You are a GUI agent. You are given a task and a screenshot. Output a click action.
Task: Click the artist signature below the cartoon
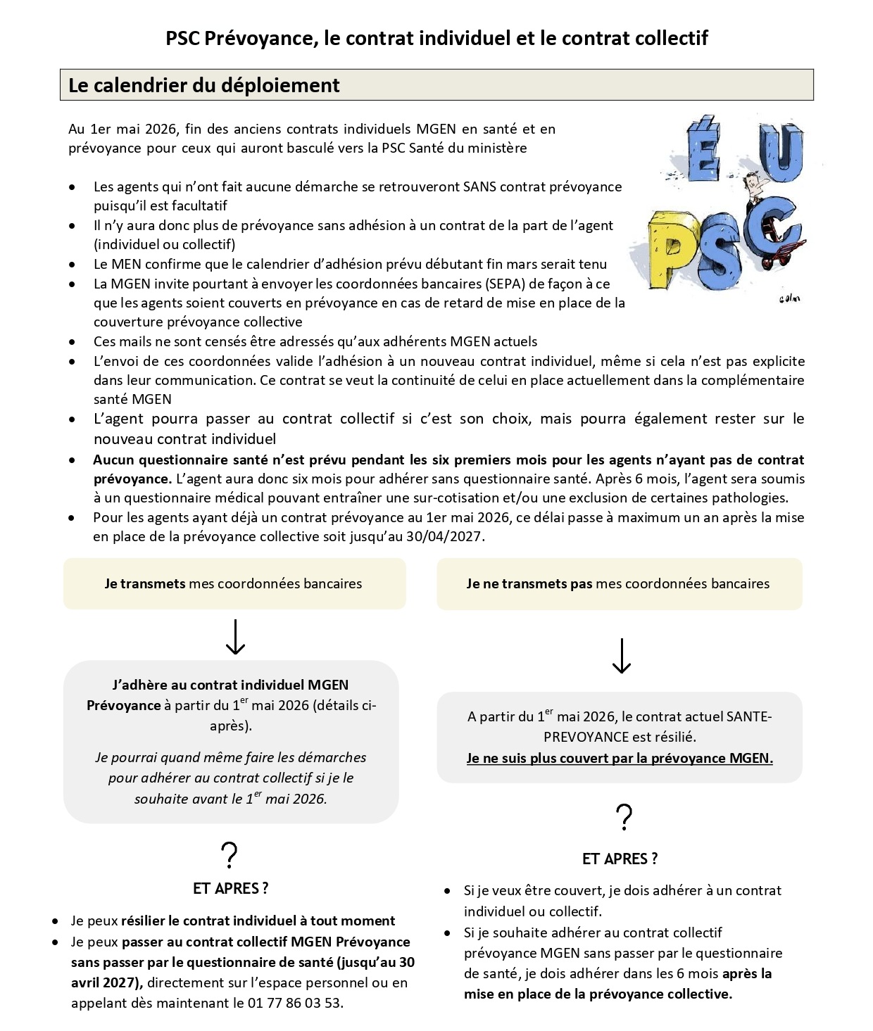[789, 298]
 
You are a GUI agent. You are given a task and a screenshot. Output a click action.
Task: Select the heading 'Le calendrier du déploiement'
[204, 85]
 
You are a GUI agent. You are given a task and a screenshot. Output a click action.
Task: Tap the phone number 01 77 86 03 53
[295, 1003]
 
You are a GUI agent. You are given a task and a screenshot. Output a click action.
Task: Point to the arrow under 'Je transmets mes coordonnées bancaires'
[234, 637]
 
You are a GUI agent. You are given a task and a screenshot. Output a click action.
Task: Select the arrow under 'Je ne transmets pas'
[621, 656]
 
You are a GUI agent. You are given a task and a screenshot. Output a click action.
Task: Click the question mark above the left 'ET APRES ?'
[230, 855]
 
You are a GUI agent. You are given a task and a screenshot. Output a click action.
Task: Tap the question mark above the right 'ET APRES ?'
[624, 818]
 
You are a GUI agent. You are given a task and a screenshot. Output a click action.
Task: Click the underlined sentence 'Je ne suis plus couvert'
[620, 759]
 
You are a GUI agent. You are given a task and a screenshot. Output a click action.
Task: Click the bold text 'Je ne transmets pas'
[529, 583]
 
